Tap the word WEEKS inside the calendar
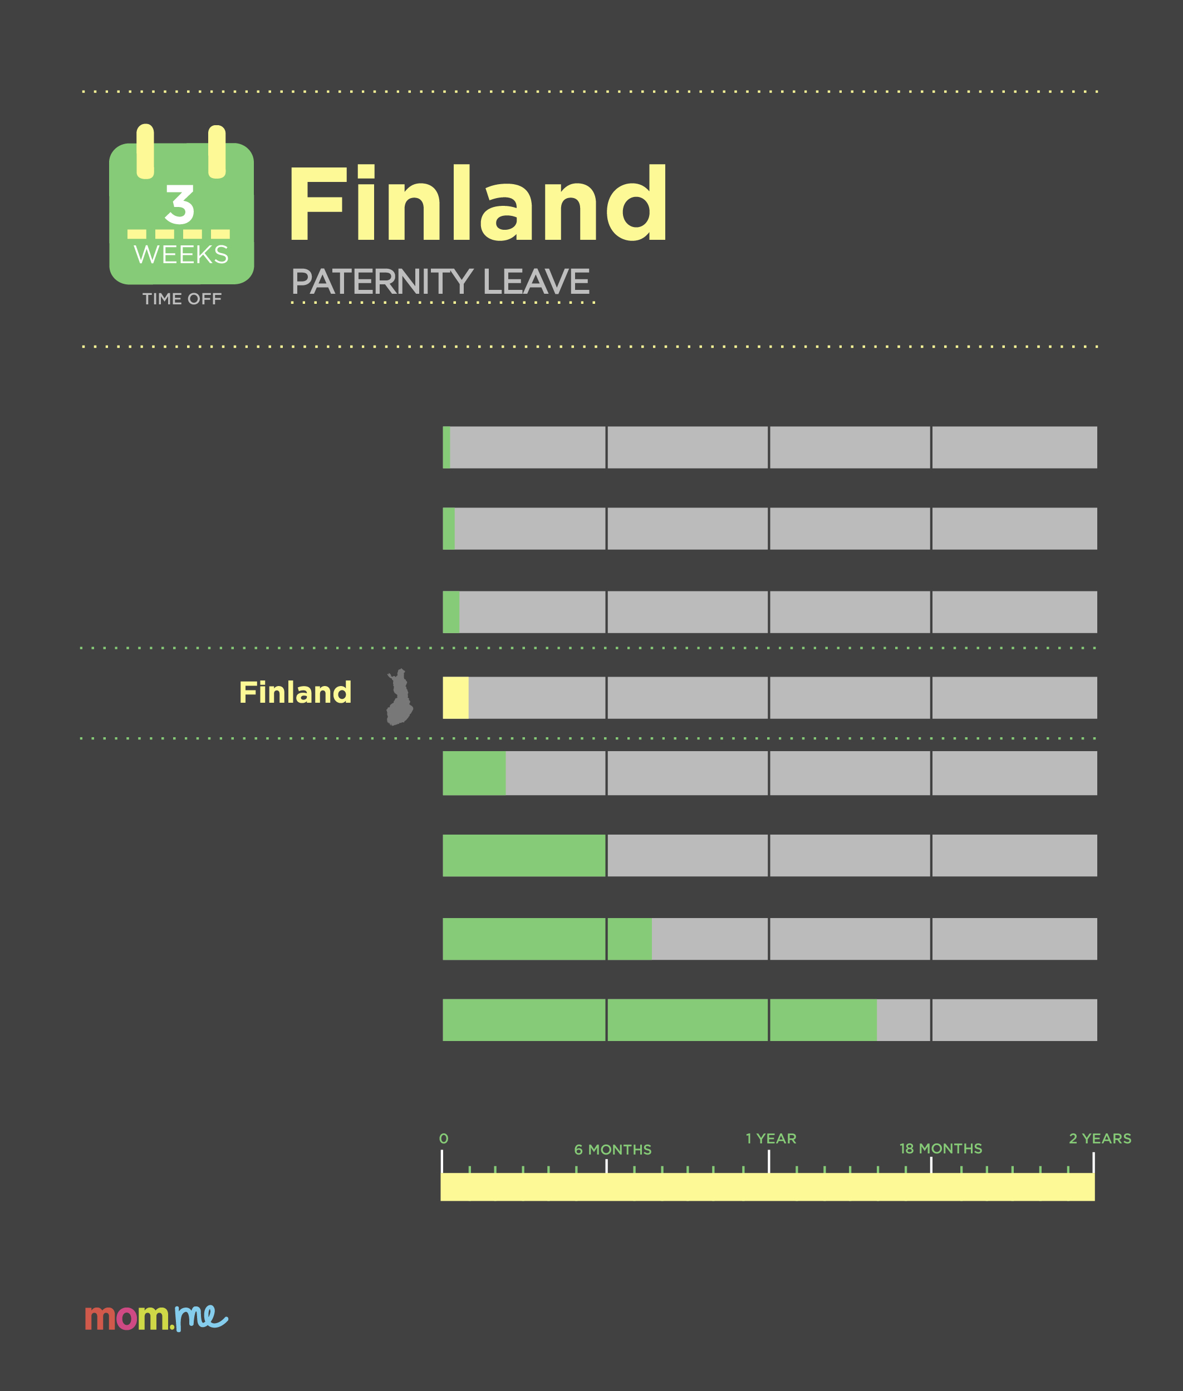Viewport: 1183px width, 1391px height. (x=181, y=255)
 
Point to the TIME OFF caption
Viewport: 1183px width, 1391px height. (x=181, y=299)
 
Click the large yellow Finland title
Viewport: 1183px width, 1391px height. (x=478, y=203)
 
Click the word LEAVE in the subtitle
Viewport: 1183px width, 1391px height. (x=536, y=282)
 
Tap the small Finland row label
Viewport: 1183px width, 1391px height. (x=295, y=693)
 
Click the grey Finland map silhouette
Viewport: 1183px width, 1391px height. (x=400, y=697)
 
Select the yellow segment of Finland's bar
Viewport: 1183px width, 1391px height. (x=455, y=698)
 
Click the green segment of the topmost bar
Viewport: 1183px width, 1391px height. (x=446, y=447)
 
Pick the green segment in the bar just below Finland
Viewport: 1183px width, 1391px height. (x=474, y=773)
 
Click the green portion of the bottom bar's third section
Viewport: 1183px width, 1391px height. (x=823, y=1020)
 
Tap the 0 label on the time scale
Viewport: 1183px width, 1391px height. (x=443, y=1138)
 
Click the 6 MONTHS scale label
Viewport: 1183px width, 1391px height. (x=612, y=1150)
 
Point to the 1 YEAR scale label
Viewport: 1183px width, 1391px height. (x=771, y=1138)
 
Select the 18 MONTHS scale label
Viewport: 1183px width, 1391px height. (x=941, y=1148)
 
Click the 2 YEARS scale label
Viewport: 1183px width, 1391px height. (x=1100, y=1138)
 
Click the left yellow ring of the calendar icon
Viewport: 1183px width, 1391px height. (x=145, y=151)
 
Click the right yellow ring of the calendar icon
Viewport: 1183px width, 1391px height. (x=217, y=151)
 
